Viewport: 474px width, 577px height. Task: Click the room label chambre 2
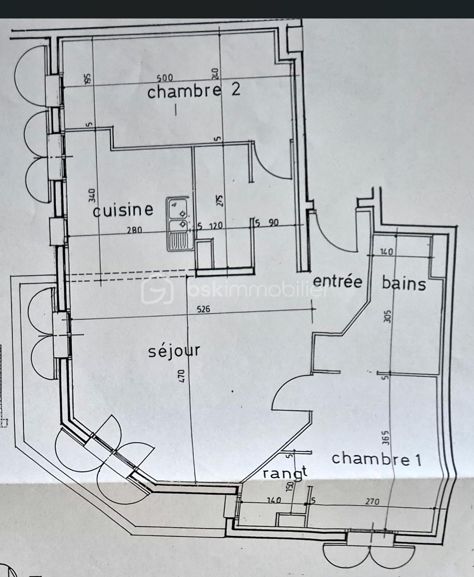coord(194,91)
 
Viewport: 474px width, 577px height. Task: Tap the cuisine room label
coord(123,210)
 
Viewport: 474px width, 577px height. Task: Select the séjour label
coord(174,351)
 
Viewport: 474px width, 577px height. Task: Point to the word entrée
coord(337,281)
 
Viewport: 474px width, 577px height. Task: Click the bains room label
coord(404,283)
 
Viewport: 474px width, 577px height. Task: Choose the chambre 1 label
coord(376,459)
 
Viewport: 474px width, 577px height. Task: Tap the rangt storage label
coord(284,474)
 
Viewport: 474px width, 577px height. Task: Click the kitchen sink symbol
coord(178,224)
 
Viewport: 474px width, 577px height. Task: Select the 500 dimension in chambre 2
coord(165,78)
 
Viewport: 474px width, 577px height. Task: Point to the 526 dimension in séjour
coord(204,309)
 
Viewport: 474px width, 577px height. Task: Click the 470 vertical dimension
coord(182,376)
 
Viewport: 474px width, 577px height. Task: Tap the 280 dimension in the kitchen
coord(135,230)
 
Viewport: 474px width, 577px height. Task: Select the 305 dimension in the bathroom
coord(387,316)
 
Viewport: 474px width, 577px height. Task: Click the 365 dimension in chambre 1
coord(386,438)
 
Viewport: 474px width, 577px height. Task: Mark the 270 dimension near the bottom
coord(372,501)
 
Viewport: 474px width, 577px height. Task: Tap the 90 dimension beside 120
coord(273,223)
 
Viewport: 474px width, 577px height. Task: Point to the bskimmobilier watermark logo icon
coord(157,288)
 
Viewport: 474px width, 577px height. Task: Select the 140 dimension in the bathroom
coord(386,252)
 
